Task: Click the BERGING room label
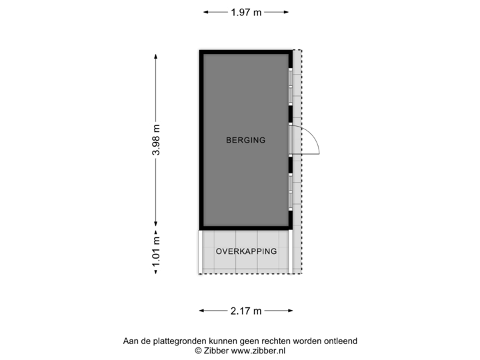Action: [245, 140]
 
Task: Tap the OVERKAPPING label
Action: [245, 251]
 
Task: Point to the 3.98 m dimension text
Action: [156, 140]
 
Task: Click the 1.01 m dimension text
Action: [156, 252]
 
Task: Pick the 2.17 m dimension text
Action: [245, 310]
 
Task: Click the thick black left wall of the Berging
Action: [200, 140]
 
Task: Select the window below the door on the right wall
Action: [291, 190]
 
